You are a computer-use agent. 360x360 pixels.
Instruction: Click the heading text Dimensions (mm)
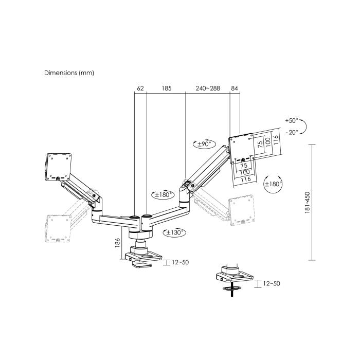[x=69, y=73]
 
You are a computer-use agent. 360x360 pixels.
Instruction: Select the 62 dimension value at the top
[x=140, y=88]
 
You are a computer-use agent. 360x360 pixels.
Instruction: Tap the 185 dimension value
[x=166, y=88]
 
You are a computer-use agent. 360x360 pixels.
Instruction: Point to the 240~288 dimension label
[x=208, y=88]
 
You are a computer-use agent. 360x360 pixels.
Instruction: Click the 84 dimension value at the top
[x=235, y=88]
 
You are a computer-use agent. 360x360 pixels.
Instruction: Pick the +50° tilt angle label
[x=291, y=120]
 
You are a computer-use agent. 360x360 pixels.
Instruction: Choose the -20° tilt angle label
[x=291, y=132]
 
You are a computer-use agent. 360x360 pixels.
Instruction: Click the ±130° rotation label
[x=175, y=232]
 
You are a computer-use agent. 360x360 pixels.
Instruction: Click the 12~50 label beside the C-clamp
[x=179, y=262]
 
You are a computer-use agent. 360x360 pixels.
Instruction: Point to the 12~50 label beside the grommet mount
[x=272, y=283]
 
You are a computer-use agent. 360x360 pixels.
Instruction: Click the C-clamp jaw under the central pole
[x=143, y=264]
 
